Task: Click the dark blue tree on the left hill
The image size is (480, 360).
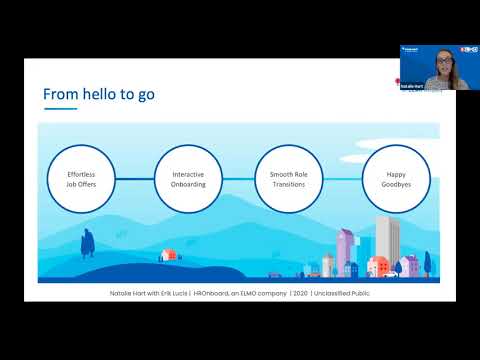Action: [x=88, y=241]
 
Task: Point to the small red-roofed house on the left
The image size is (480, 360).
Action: [x=171, y=255]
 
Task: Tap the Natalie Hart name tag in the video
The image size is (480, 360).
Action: [x=413, y=87]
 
